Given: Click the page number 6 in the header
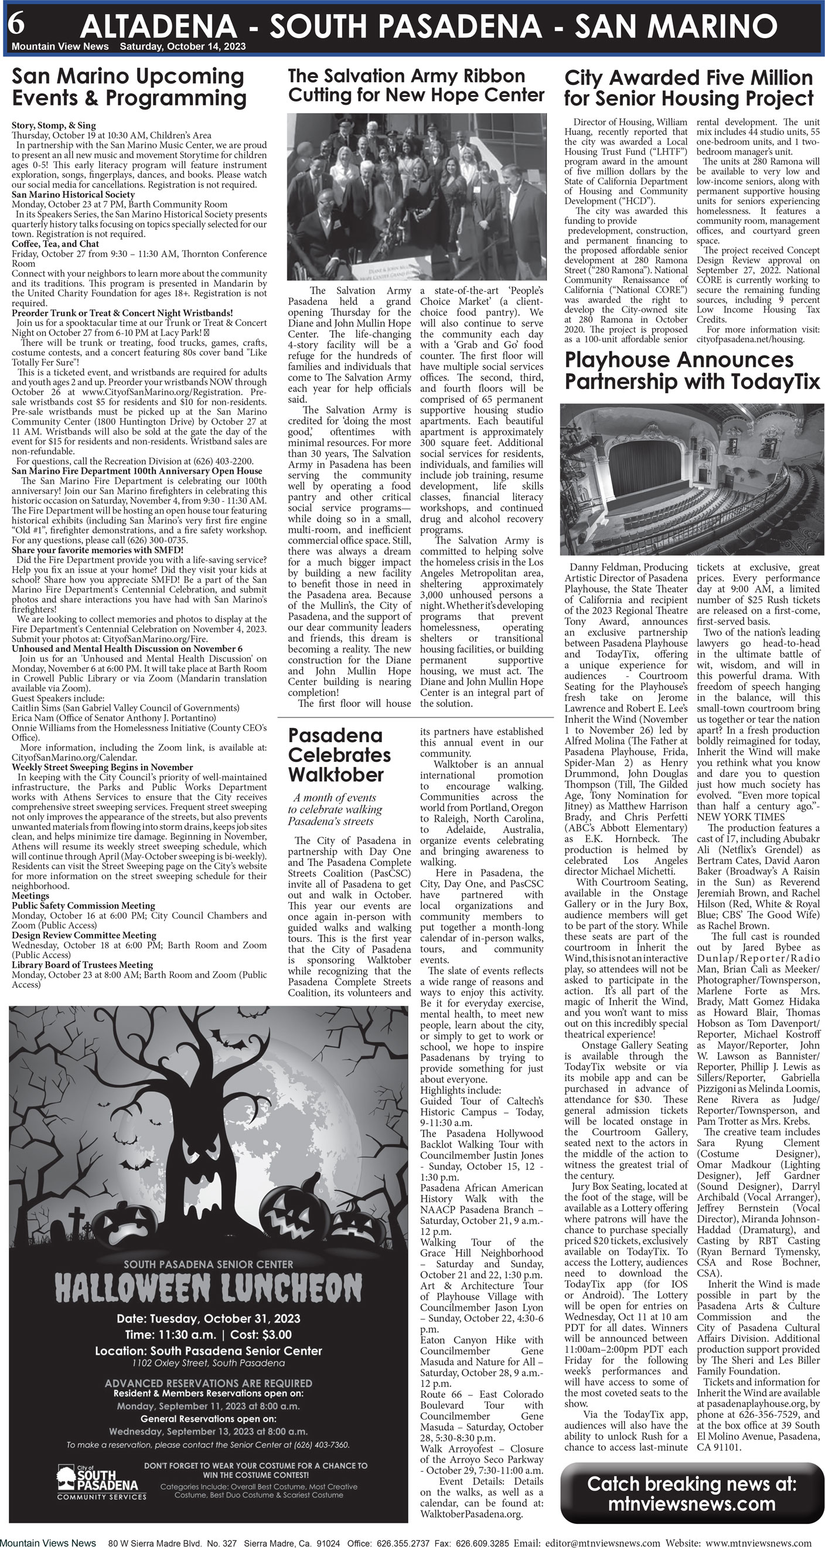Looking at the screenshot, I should point(16,23).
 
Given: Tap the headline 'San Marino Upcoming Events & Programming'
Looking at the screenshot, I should point(129,87).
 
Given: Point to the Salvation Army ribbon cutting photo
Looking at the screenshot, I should point(417,196).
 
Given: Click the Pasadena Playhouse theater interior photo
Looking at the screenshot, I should point(691,479).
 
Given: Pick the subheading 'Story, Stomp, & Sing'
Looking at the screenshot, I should point(54,125).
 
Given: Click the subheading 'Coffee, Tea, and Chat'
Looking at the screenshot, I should point(55,244).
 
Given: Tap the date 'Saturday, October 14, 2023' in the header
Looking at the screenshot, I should point(183,47).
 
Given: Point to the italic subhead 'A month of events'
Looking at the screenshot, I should point(335,797).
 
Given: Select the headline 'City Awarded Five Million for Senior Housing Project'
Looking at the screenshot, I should point(688,88).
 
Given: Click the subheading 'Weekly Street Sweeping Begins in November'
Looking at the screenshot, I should point(102,767).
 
